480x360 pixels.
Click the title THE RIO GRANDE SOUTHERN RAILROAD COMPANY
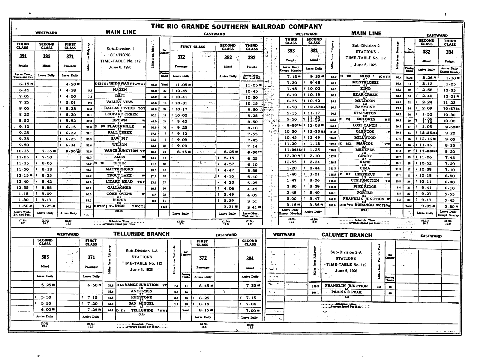click(236, 26)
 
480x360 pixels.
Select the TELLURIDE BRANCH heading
click(141, 234)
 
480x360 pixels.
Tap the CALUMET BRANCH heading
click(347, 235)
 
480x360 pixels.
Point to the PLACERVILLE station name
click(121, 126)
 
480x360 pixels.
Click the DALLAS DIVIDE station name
click(119, 108)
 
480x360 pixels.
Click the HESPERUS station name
click(364, 174)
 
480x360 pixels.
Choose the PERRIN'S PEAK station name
click(346, 292)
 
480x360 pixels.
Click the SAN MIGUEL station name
click(141, 303)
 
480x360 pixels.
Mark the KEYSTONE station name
click(142, 297)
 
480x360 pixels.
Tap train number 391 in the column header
click(23, 56)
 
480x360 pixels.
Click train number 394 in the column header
click(449, 52)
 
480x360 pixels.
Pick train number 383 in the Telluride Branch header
click(45, 257)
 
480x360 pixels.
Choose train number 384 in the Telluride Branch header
click(250, 258)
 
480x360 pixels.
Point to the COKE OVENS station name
click(119, 194)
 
